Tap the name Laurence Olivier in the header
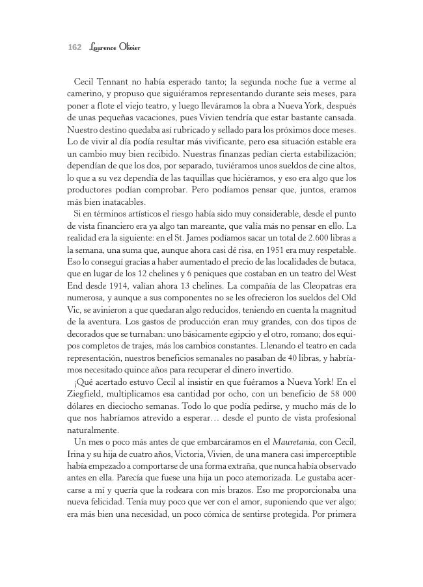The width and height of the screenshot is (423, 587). [x=113, y=47]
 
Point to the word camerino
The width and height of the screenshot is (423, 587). [x=85, y=95]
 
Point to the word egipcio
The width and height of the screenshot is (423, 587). [x=239, y=333]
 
